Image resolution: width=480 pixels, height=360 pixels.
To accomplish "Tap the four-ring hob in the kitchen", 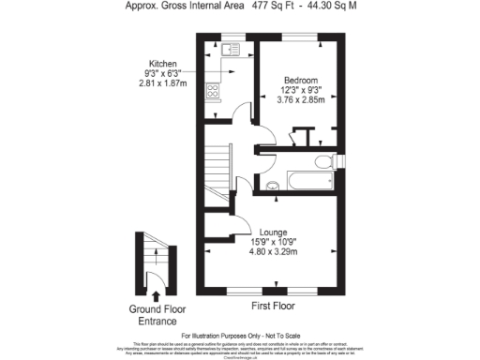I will coord(213,92).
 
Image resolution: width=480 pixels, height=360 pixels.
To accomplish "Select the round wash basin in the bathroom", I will coord(271,184).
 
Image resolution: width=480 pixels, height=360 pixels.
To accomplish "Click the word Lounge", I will coord(274,231).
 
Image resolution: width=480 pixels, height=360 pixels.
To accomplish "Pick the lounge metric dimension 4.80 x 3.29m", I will coord(274,251).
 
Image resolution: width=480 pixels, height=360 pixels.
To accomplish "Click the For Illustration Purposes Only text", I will coord(240,335).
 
